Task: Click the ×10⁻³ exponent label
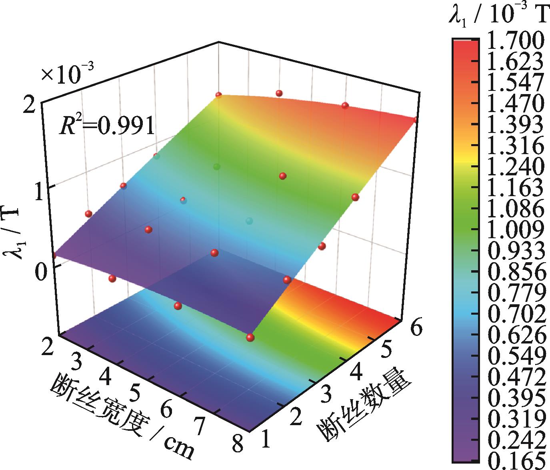[x=67, y=75]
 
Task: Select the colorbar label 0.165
[x=516, y=460]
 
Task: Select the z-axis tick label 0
[x=38, y=273]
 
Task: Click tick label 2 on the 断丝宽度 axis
[x=49, y=345]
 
